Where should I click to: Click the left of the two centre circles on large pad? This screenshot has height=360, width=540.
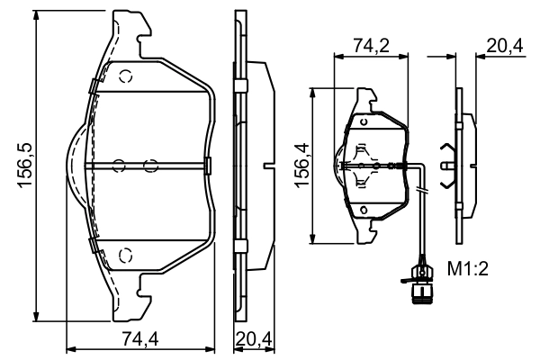[x=117, y=164]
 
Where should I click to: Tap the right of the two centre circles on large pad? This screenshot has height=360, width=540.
[x=150, y=164]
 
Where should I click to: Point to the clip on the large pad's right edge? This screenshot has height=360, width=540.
[x=207, y=164]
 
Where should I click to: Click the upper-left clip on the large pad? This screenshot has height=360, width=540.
[x=93, y=85]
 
